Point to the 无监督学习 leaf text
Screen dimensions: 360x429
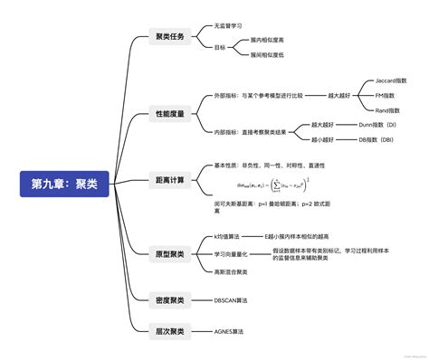(228, 26)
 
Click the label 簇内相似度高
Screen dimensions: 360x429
(267, 40)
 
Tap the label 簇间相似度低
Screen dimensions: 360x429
(267, 54)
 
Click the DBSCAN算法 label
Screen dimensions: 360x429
(230, 299)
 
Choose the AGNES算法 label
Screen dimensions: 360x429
(228, 331)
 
